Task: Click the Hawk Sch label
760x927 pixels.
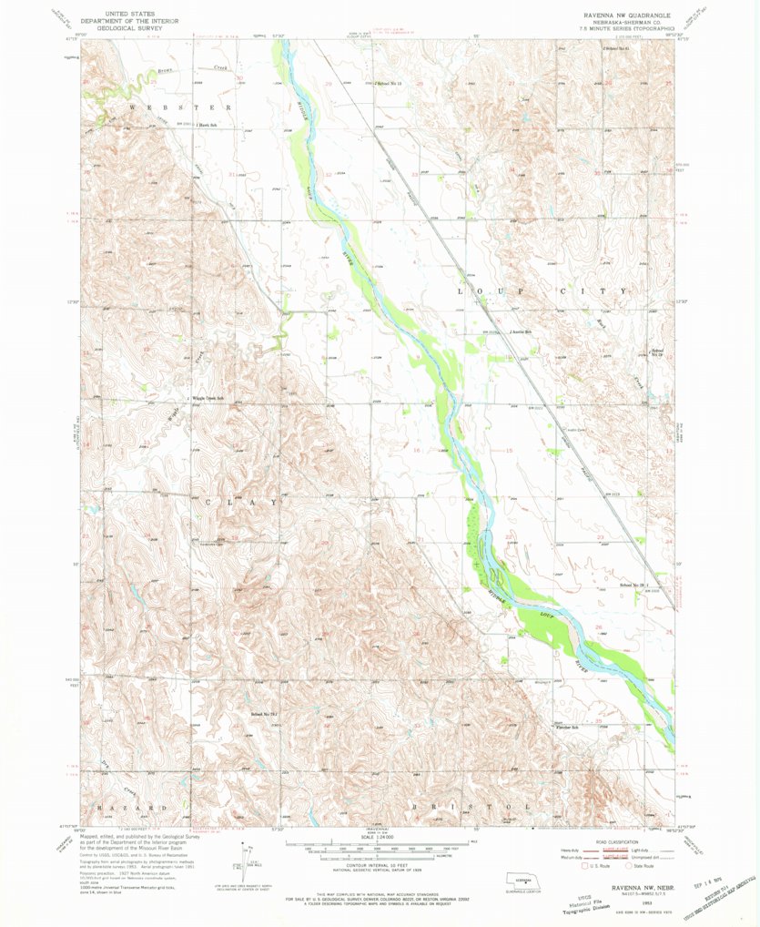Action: click(208, 125)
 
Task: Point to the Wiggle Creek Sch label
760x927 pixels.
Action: click(208, 398)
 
